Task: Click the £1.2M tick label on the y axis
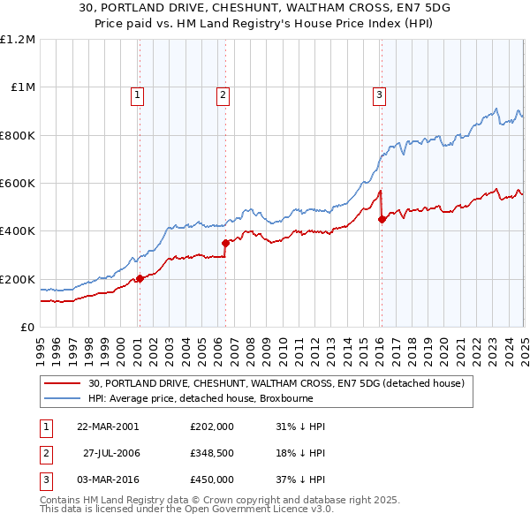(x=18, y=40)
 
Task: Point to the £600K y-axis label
(x=18, y=184)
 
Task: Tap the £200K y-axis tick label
(x=18, y=279)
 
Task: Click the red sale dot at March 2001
(x=140, y=279)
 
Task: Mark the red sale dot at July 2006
(x=225, y=243)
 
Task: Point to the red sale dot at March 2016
(x=382, y=220)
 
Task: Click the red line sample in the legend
(x=62, y=383)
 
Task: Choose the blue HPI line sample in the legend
(x=62, y=398)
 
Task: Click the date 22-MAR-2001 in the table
(x=108, y=427)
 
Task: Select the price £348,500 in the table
(x=212, y=453)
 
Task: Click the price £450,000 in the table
(x=212, y=479)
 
